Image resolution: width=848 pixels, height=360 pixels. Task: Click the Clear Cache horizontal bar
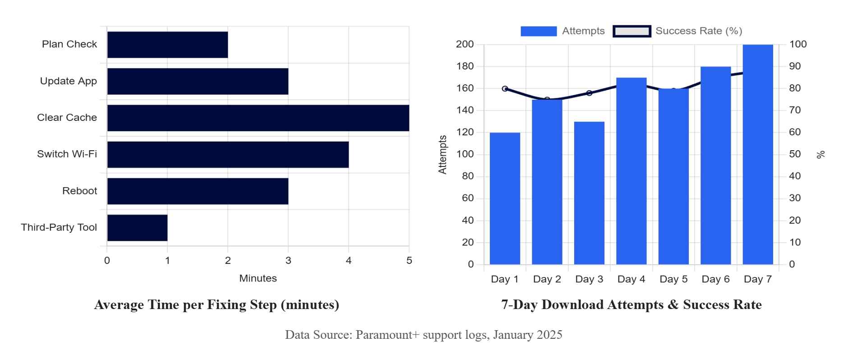258,118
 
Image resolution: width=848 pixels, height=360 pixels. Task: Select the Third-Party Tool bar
137,228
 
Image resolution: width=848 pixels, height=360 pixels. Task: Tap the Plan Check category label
69,44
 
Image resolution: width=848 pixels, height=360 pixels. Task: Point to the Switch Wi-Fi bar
228,155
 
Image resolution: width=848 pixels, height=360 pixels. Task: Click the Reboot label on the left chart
79,191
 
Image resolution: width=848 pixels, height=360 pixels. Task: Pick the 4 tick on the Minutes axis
349,261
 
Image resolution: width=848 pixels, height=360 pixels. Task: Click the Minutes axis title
258,278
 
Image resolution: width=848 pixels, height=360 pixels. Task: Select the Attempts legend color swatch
538,31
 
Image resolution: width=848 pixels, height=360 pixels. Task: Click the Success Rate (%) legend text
698,31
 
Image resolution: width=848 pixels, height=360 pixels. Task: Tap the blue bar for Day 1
505,198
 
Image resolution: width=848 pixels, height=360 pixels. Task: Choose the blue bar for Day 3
589,193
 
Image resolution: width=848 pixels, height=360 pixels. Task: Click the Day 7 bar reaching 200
758,154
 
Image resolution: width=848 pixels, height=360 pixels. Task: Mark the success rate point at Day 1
505,89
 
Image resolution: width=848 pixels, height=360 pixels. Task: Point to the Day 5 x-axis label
673,279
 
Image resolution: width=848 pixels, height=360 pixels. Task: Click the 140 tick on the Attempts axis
465,111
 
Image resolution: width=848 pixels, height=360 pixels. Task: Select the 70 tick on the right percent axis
795,111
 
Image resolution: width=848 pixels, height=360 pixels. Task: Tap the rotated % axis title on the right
820,154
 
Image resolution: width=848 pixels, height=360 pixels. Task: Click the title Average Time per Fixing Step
217,305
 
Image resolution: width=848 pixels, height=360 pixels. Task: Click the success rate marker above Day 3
589,93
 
